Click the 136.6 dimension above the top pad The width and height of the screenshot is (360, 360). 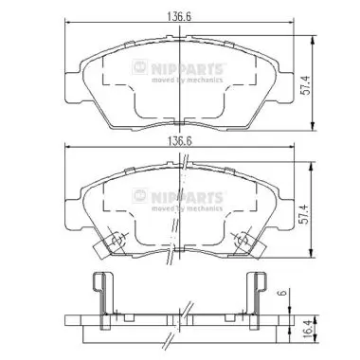coord(179,17)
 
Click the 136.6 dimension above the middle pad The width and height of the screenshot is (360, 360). coord(179,141)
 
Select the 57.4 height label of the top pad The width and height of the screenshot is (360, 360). coord(305,85)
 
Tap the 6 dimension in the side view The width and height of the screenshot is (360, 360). coord(283,293)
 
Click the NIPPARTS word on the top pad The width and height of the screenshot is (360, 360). coord(187,68)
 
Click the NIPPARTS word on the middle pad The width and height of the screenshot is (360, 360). coord(187,197)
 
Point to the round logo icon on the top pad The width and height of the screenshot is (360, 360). coord(140,67)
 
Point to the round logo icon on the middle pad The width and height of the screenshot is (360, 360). coord(140,196)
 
